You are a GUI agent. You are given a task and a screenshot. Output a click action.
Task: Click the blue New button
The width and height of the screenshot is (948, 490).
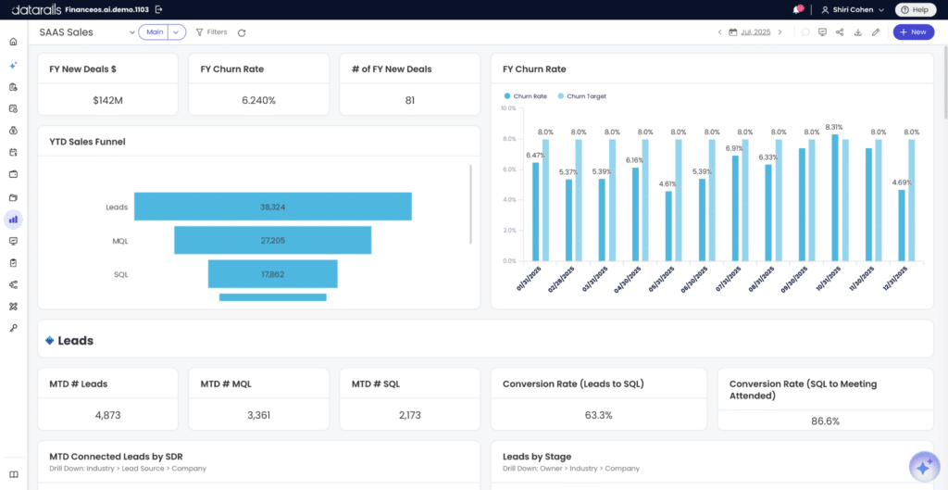[x=913, y=32]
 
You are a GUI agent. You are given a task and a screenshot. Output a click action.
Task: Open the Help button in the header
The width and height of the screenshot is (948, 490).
[x=915, y=9]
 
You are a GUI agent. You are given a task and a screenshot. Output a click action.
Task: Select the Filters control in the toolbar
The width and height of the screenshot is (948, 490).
[x=211, y=32]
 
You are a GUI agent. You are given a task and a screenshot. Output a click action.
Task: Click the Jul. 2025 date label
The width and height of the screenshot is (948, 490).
[x=755, y=32]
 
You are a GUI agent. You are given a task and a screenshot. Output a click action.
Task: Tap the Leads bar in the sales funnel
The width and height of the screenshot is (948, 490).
[x=273, y=207]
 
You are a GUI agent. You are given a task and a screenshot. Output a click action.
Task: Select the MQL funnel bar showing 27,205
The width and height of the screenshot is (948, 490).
[x=273, y=240]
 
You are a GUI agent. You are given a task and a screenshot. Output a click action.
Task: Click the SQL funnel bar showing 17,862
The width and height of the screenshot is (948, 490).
[x=273, y=274]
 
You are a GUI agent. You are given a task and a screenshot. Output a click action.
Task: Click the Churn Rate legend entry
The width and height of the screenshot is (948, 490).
[x=526, y=95]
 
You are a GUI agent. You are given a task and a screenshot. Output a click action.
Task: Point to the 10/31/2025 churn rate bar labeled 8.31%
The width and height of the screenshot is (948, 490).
[x=835, y=198]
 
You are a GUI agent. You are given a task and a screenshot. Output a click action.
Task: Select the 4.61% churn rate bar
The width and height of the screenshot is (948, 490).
[x=668, y=226]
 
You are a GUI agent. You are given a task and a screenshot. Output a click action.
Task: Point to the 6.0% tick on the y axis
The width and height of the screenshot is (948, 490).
[x=508, y=170]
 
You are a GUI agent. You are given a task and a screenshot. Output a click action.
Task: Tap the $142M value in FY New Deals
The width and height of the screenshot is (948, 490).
[x=107, y=100]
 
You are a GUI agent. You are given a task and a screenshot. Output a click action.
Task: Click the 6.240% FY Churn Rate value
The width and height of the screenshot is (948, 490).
[x=259, y=100]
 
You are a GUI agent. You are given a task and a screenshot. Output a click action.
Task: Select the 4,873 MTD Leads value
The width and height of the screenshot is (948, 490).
[x=107, y=415]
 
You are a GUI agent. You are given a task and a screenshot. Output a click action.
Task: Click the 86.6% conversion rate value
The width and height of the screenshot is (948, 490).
[x=825, y=421]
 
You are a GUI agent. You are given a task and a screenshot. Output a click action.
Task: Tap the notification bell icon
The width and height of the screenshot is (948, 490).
[x=797, y=9]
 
